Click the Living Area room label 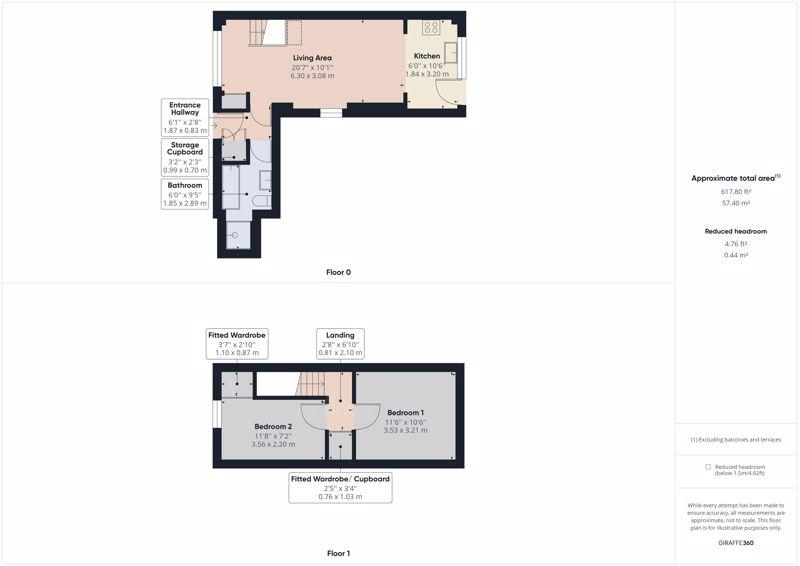click(312, 58)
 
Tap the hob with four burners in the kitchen click(431, 27)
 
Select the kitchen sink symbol click(451, 53)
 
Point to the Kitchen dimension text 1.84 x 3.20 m click(427, 74)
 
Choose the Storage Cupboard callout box click(185, 157)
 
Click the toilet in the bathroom click(262, 200)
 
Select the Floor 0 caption click(338, 272)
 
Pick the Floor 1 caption click(338, 553)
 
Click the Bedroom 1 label click(406, 412)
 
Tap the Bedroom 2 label click(273, 426)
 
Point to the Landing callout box click(340, 343)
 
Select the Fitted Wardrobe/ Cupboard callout click(340, 488)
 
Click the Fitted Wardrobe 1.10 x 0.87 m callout click(237, 343)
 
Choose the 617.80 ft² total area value click(736, 192)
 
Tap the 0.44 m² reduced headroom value click(736, 255)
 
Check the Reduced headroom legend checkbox click(708, 466)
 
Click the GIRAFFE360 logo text click(736, 543)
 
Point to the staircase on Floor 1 click(311, 383)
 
